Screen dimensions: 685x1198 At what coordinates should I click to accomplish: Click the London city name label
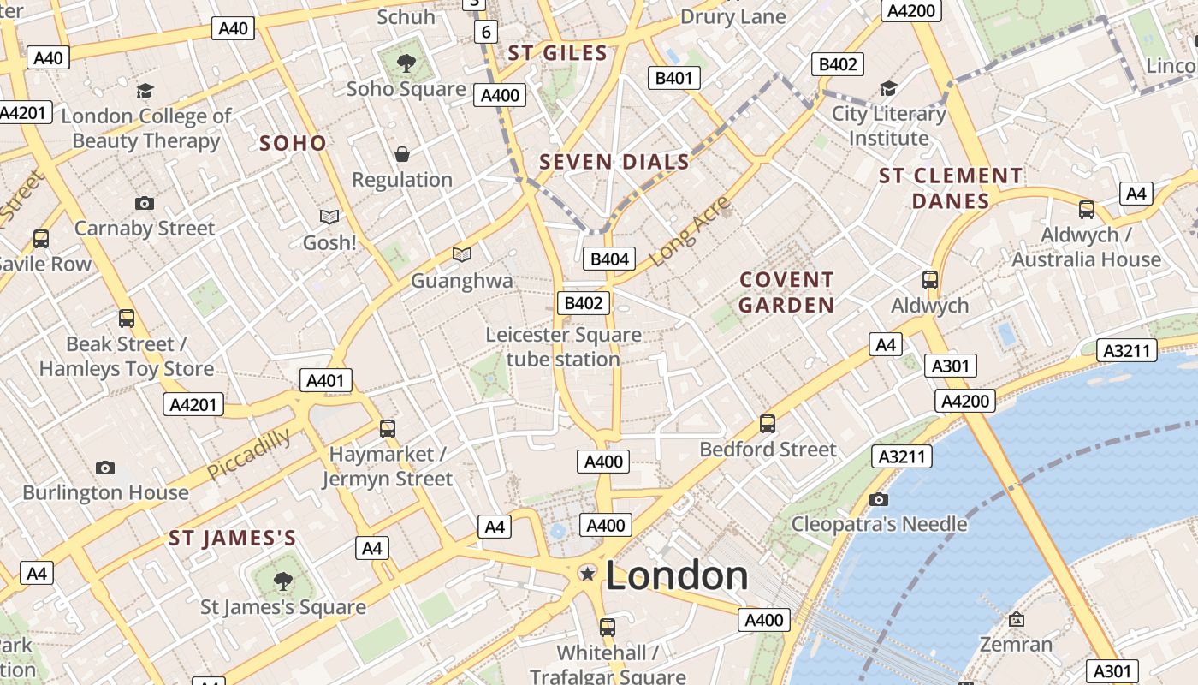tap(677, 575)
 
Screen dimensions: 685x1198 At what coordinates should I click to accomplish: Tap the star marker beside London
tap(588, 574)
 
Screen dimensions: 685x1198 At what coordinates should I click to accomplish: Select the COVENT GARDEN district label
tap(786, 292)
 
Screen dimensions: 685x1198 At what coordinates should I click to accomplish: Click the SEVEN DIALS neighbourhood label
tap(614, 162)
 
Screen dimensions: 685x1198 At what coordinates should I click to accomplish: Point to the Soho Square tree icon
tap(406, 63)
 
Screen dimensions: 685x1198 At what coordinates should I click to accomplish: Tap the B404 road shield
tap(610, 259)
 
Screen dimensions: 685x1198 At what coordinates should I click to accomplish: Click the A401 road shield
tap(326, 381)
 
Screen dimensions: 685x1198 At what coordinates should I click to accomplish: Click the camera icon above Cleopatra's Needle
tap(879, 499)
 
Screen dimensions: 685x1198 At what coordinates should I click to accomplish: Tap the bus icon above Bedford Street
tap(768, 423)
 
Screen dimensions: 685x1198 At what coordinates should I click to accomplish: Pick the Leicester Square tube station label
tap(563, 347)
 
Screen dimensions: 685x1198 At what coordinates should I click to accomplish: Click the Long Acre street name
tap(691, 230)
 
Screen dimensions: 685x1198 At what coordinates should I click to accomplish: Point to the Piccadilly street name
tap(248, 455)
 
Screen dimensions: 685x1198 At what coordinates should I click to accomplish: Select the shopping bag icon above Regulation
tap(402, 155)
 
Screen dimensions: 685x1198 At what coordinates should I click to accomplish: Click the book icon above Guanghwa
tap(462, 254)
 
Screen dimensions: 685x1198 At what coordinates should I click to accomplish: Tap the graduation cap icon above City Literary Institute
tap(889, 89)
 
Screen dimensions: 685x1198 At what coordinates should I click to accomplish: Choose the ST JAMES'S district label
tap(232, 539)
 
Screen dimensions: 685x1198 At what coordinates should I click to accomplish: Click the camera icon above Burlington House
tap(105, 468)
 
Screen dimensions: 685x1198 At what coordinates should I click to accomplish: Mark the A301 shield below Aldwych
tap(950, 366)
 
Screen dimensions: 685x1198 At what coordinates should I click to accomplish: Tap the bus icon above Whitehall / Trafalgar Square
tap(608, 628)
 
